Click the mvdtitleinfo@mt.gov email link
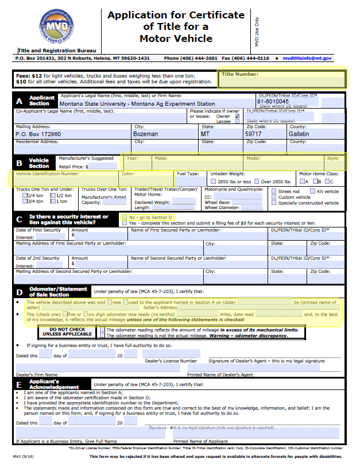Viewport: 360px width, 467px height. (307, 59)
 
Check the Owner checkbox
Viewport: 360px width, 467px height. (237, 115)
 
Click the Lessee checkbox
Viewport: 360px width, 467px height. (237, 121)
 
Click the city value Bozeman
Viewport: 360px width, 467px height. (146, 134)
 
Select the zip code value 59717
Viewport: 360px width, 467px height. (254, 134)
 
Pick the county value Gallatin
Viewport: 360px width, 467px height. (299, 134)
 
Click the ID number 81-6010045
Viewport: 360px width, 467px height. (273, 102)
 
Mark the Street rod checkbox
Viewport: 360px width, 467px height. (274, 191)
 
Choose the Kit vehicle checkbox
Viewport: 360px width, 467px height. (313, 191)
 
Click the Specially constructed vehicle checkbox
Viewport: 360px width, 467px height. (274, 203)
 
